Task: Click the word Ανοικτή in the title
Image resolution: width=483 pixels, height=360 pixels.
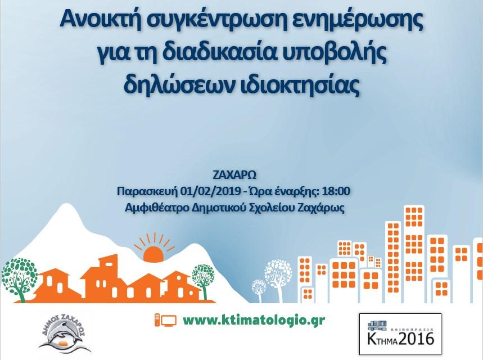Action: (x=98, y=20)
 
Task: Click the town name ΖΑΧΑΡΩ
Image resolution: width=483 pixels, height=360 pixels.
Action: (x=234, y=175)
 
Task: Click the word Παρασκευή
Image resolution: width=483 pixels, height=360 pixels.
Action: (x=147, y=192)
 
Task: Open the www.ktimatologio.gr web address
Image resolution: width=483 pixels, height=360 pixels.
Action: (x=254, y=321)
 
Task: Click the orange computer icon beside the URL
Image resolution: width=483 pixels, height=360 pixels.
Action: (x=165, y=321)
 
